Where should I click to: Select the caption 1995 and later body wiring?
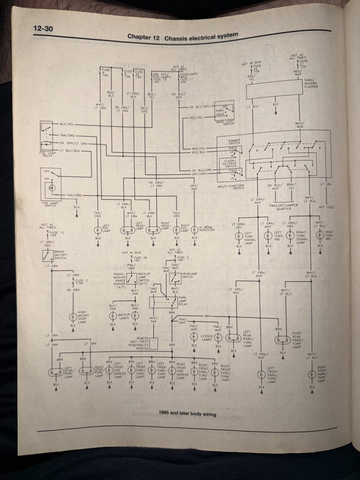click(x=187, y=414)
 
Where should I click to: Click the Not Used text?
click(x=326, y=207)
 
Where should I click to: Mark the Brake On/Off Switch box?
click(x=48, y=256)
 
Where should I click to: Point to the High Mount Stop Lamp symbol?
click(x=73, y=317)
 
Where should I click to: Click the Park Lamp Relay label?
click(x=183, y=301)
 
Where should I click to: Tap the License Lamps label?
click(x=206, y=337)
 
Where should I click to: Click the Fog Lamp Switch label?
click(x=49, y=204)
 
